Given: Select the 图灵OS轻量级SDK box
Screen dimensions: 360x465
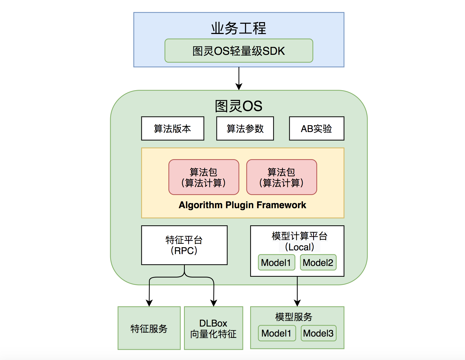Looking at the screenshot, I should click(x=239, y=51).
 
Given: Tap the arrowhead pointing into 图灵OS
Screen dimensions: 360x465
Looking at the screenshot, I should click(x=239, y=87).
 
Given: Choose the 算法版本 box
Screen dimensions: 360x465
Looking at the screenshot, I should click(x=172, y=129).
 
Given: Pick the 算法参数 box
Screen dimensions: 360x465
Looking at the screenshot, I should click(x=245, y=129).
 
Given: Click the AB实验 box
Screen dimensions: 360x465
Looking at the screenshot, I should click(x=316, y=129).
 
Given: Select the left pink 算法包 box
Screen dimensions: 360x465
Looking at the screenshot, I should click(x=204, y=177).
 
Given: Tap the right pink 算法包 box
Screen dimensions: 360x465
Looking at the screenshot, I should click(x=281, y=177).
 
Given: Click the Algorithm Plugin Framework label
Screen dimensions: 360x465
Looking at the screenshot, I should click(x=242, y=205).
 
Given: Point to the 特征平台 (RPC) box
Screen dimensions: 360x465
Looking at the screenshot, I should click(x=184, y=245).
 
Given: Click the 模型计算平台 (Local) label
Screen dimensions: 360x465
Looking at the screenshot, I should click(x=299, y=241).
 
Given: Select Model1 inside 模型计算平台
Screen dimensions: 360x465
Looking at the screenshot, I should click(x=276, y=262).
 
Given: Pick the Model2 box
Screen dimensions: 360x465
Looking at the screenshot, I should click(x=318, y=262).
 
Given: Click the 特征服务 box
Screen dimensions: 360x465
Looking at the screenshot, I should click(x=149, y=328).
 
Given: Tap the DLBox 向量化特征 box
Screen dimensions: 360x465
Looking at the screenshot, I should click(x=213, y=328).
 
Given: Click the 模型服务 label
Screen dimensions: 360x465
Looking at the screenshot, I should click(x=294, y=317).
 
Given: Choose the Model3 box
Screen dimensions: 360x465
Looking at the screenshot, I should click(x=318, y=333).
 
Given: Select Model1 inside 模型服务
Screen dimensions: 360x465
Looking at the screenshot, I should click(x=277, y=333).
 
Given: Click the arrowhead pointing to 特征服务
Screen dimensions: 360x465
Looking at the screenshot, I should click(x=149, y=303).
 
